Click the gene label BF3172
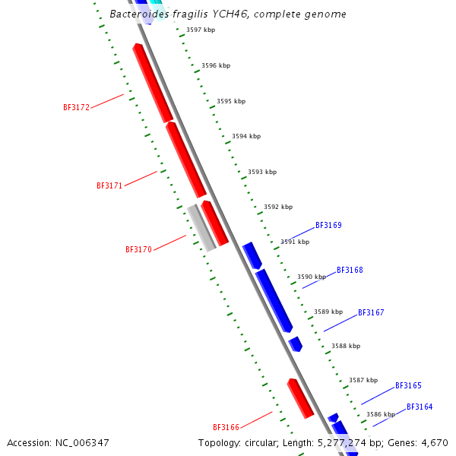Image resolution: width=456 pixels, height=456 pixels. click(x=76, y=108)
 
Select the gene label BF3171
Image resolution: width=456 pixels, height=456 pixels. click(x=109, y=185)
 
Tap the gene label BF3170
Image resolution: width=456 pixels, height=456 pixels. click(x=138, y=249)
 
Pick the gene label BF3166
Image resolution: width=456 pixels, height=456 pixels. click(x=226, y=427)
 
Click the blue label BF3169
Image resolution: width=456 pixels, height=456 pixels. click(x=328, y=226)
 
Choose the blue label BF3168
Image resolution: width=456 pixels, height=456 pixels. click(x=350, y=271)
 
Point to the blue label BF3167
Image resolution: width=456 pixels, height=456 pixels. click(x=371, y=313)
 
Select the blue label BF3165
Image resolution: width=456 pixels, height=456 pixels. click(x=408, y=386)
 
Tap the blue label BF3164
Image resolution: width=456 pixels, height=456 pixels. click(x=420, y=407)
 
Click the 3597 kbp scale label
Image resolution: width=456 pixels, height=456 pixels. click(x=201, y=30)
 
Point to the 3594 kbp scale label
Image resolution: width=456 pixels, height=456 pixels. click(x=246, y=137)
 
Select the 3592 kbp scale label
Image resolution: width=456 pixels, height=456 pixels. click(x=278, y=207)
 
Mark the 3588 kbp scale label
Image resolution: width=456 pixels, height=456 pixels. click(x=346, y=346)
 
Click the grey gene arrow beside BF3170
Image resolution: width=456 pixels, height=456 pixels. click(x=201, y=227)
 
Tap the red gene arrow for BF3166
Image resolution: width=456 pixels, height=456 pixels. click(x=300, y=398)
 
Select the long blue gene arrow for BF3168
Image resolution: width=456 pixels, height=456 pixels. click(x=274, y=300)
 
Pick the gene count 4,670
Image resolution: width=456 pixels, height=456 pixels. click(x=433, y=442)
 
